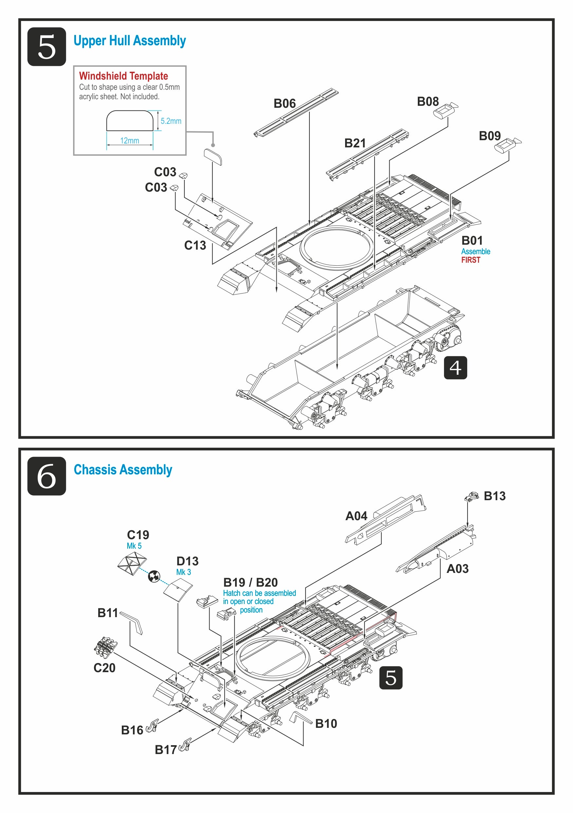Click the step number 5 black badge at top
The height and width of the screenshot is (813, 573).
[x=46, y=47]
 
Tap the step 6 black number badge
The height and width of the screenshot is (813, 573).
[x=46, y=476]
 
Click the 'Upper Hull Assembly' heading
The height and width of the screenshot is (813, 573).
[x=130, y=41]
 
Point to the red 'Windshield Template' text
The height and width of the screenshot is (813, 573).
[x=123, y=76]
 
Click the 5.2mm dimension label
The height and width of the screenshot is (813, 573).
[x=171, y=121]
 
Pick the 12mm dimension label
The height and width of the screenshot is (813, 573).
[x=130, y=141]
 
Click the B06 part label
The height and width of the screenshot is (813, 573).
[x=285, y=104]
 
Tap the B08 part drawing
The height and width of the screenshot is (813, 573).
[x=445, y=110]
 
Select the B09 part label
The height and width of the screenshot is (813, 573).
[x=490, y=136]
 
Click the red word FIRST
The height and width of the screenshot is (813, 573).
[x=471, y=260]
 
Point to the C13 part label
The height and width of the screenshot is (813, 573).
[x=195, y=245]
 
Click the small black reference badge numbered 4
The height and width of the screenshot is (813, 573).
[x=455, y=368]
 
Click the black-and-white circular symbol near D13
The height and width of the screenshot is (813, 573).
[x=154, y=577]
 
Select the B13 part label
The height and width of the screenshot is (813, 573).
[x=494, y=496]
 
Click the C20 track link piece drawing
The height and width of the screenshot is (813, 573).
[x=105, y=646]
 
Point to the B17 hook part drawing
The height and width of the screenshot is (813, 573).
[x=185, y=744]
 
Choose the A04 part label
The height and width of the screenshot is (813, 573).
[x=356, y=516]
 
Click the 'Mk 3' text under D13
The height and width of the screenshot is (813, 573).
[x=183, y=572]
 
